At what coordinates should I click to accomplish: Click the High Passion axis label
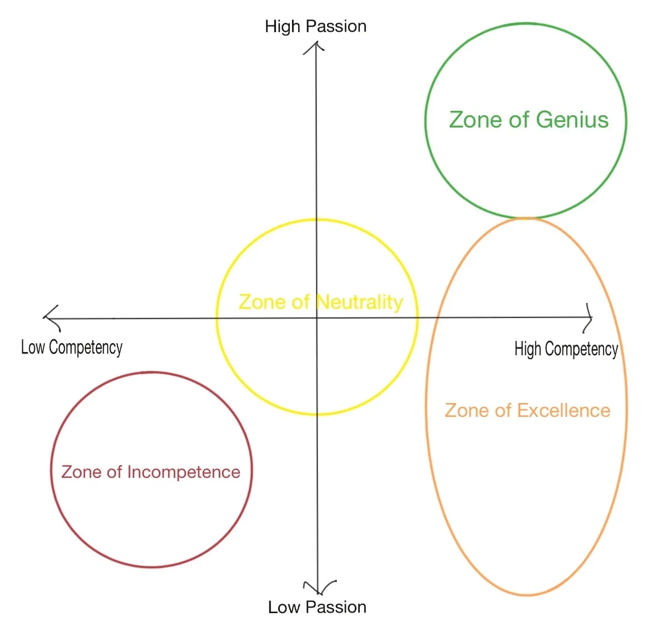pyautogui.click(x=315, y=27)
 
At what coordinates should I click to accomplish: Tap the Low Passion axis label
pyautogui.click(x=317, y=607)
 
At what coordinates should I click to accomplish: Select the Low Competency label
pyautogui.click(x=72, y=347)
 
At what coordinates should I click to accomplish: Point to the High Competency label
pyautogui.click(x=566, y=349)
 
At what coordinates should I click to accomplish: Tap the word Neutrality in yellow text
pyautogui.click(x=359, y=302)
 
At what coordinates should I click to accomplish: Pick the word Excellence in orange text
pyautogui.click(x=564, y=410)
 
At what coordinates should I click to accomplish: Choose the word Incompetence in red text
pyautogui.click(x=184, y=472)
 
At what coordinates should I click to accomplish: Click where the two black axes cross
pyautogui.click(x=317, y=318)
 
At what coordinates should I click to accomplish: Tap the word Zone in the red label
pyautogui.click(x=81, y=472)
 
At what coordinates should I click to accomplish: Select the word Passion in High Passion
pyautogui.click(x=336, y=27)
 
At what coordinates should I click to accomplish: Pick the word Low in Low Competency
pyautogui.click(x=33, y=347)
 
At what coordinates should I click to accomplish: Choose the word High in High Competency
pyautogui.click(x=528, y=349)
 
